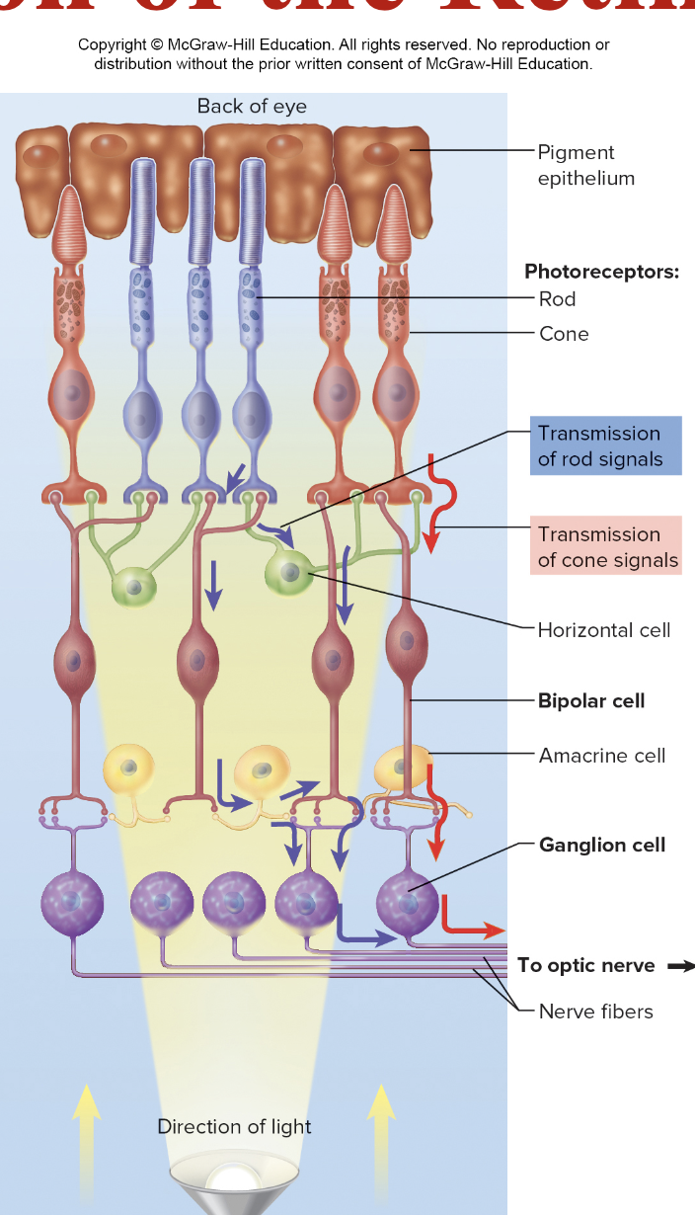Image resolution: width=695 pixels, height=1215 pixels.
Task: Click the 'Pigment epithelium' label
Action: point(585,165)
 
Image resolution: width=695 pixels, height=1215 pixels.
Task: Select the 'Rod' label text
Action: point(557,299)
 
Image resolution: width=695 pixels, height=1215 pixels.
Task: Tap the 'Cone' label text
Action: point(564,334)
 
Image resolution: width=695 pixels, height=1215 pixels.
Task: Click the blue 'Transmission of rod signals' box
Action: point(604,445)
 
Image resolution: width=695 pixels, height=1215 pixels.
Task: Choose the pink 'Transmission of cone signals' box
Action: point(605,547)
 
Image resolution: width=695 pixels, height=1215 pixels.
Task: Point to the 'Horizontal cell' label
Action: point(603,630)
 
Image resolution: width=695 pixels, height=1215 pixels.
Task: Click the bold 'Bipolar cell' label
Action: point(590,700)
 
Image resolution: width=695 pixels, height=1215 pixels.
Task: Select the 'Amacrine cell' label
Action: point(601,756)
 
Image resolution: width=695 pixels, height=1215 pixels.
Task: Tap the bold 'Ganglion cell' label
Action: point(601,845)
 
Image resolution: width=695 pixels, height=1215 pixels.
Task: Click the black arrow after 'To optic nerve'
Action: point(680,966)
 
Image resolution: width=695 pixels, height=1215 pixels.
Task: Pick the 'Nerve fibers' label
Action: point(595,1011)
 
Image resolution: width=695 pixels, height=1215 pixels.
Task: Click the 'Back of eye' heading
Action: point(252,107)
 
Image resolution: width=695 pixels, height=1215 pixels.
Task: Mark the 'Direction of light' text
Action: point(234,1127)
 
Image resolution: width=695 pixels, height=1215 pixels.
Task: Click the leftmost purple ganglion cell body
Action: point(72,902)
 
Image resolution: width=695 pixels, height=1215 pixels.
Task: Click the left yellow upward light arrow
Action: point(86,1121)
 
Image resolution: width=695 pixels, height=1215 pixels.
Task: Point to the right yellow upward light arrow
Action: point(380,1121)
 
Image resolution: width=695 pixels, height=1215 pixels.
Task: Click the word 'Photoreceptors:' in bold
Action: point(601,272)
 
